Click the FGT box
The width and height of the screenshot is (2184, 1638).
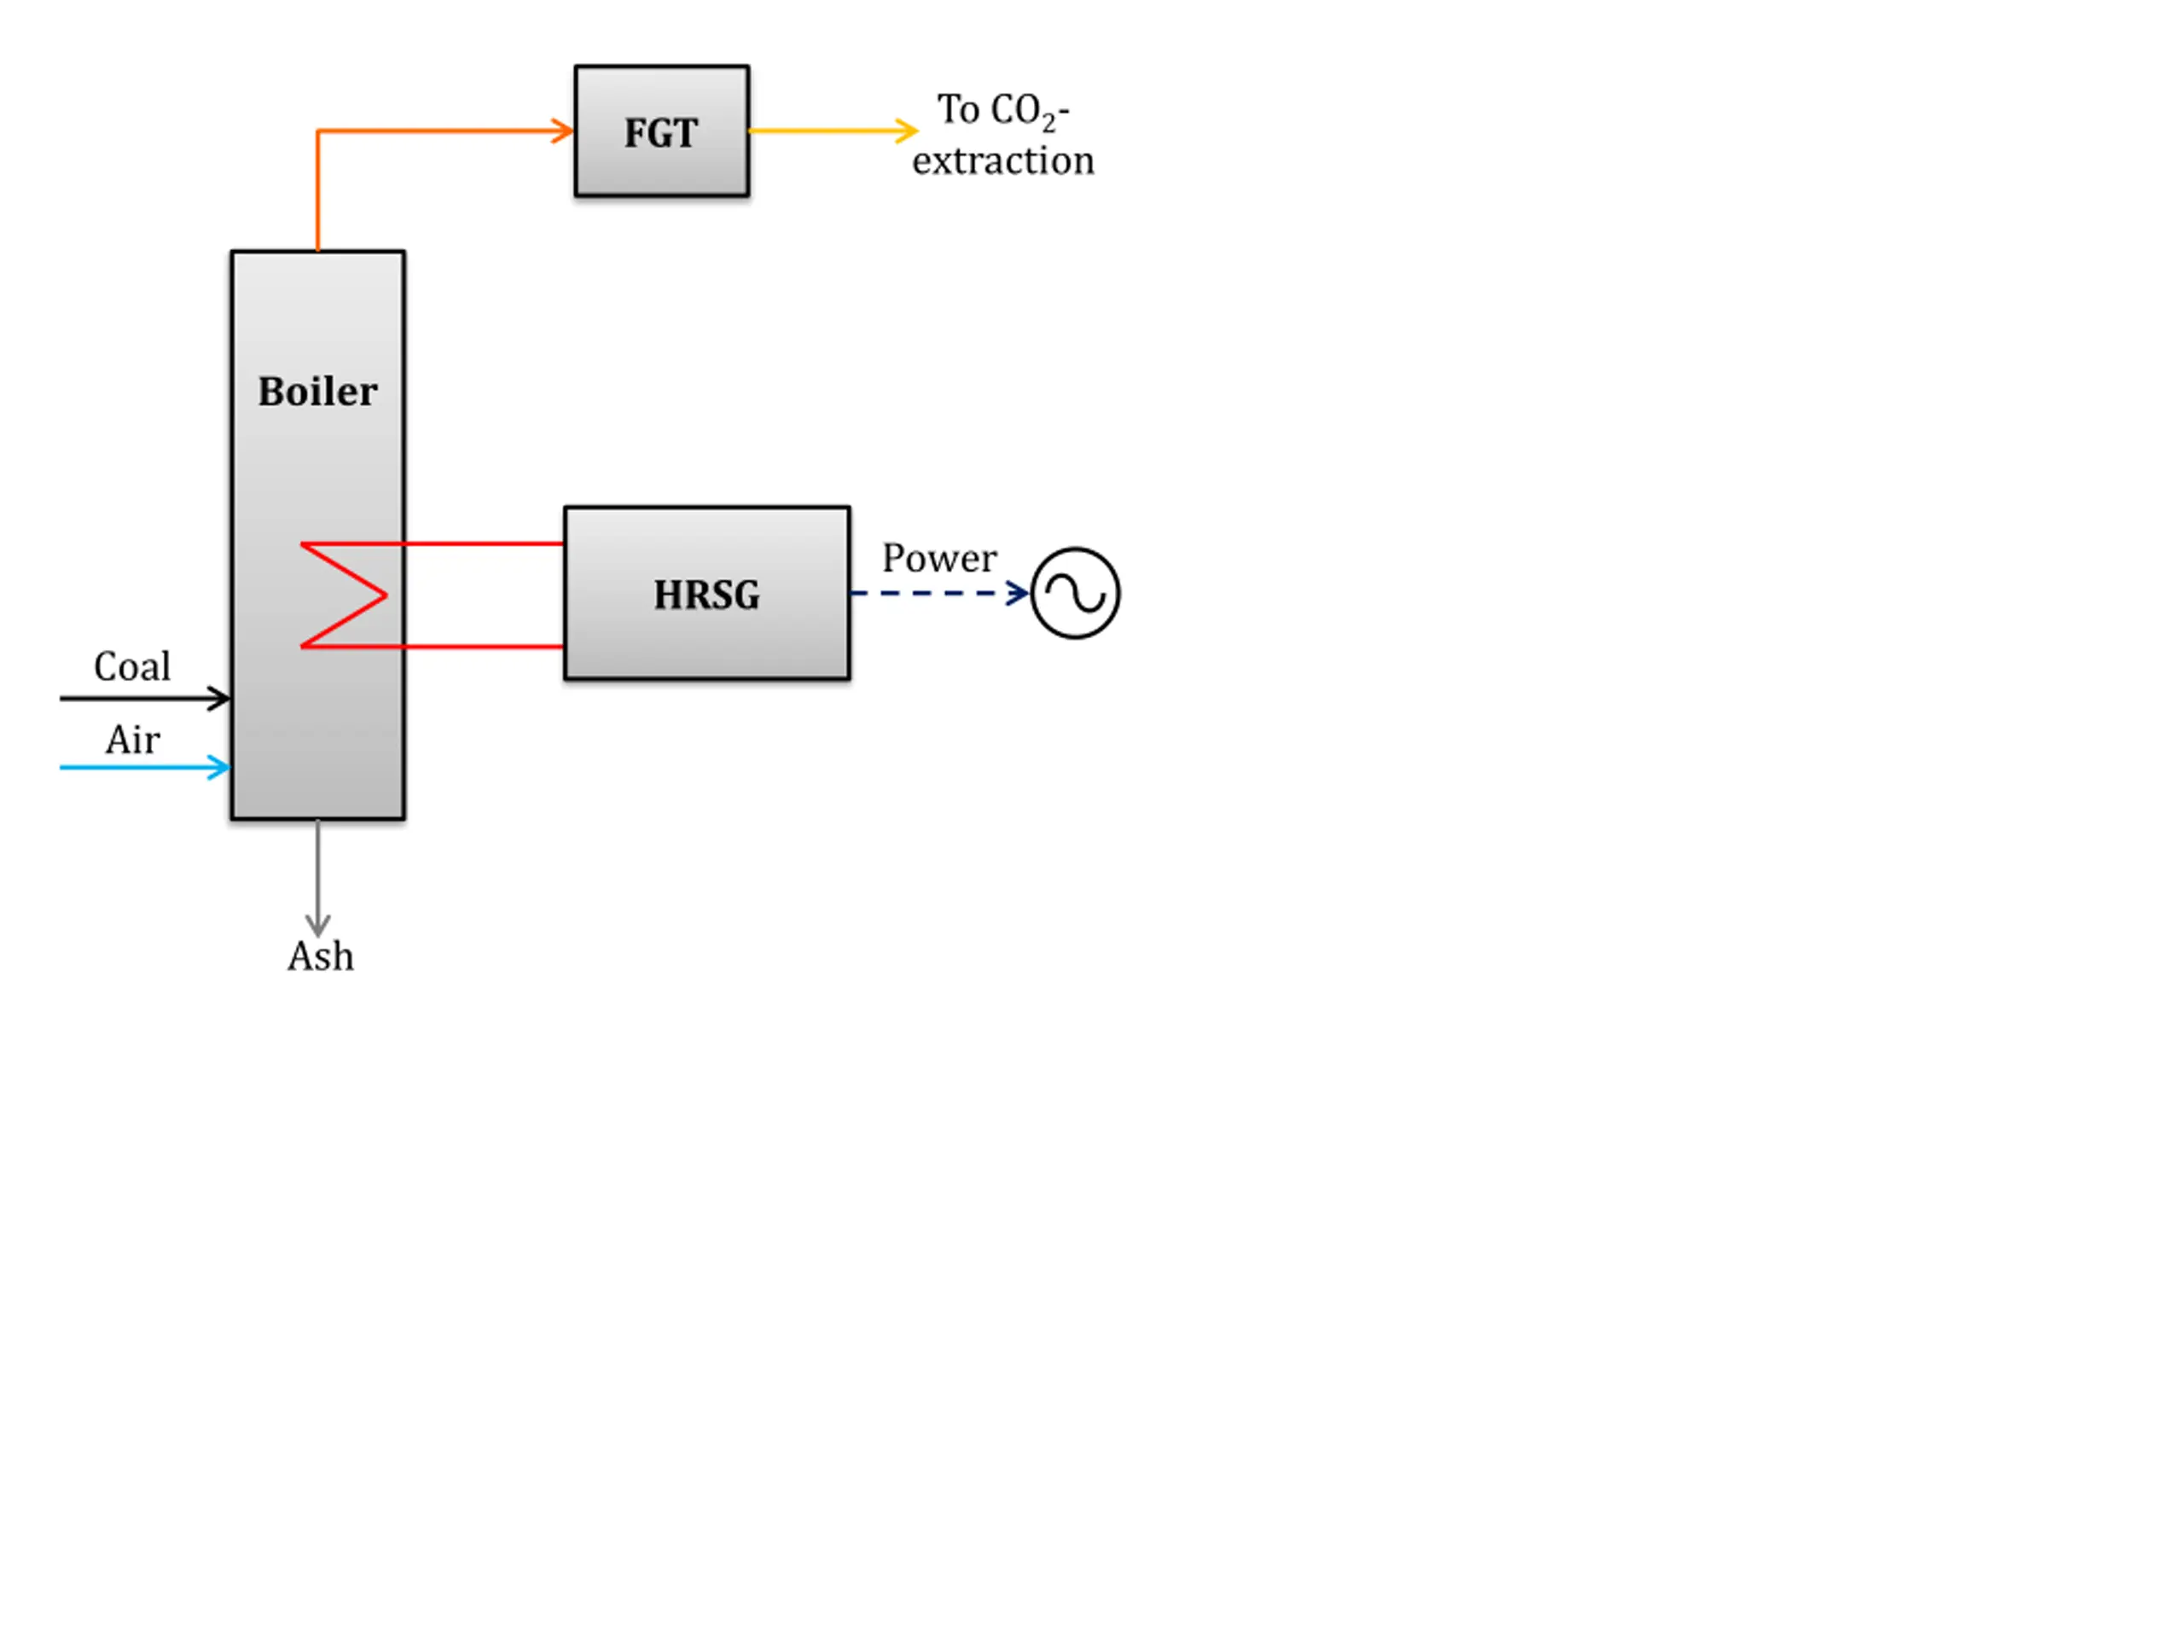coord(661,131)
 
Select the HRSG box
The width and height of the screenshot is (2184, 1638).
coord(707,594)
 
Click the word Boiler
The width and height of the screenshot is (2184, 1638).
coord(318,391)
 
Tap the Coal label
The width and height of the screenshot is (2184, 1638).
coord(132,666)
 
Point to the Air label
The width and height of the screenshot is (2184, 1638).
coord(133,740)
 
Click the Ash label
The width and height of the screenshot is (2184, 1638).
coord(321,955)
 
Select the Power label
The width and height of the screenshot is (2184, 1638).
coord(939,559)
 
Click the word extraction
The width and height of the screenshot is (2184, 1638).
coord(1003,161)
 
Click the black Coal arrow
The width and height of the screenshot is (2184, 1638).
coord(145,699)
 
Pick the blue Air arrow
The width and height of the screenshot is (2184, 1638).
coord(145,767)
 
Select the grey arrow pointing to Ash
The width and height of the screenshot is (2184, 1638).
coord(318,878)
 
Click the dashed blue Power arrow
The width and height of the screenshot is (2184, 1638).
coord(940,594)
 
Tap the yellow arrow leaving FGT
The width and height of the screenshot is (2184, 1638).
coord(834,131)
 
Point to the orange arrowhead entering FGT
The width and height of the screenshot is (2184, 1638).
coord(564,131)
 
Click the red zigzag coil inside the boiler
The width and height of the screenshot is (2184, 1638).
coord(344,595)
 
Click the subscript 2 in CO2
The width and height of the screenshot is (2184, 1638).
coord(1048,124)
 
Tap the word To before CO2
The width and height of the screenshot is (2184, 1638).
coord(958,109)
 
